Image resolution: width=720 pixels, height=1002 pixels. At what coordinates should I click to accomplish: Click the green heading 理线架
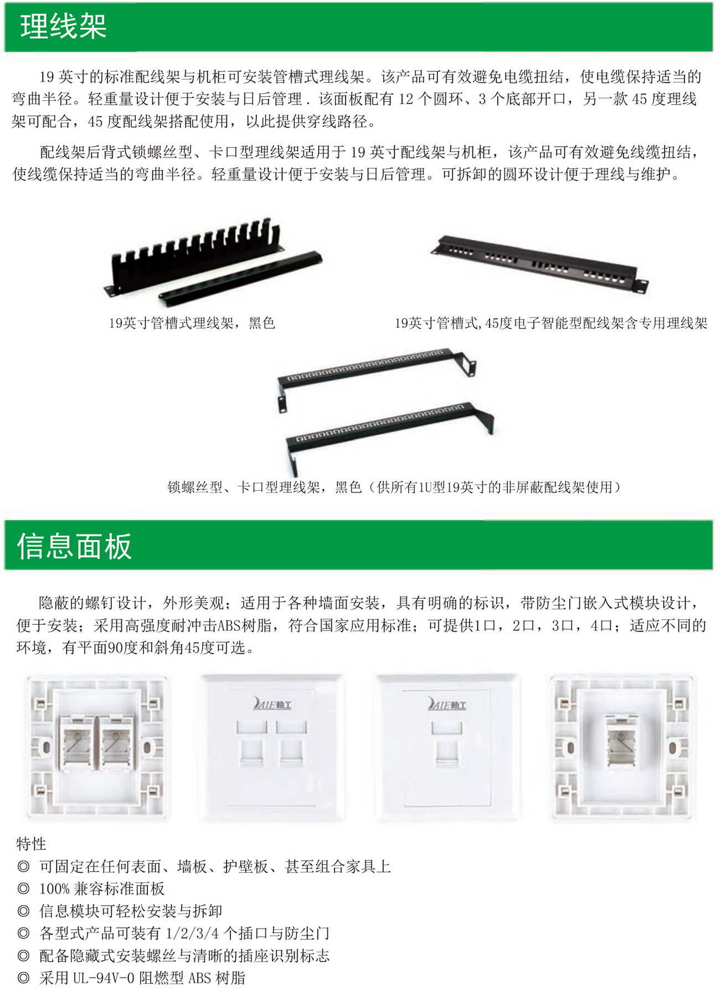pyautogui.click(x=63, y=27)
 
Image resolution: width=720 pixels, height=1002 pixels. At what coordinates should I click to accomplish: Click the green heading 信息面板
pyautogui.click(x=75, y=546)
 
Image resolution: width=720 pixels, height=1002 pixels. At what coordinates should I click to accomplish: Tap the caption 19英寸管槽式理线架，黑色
pyautogui.click(x=192, y=323)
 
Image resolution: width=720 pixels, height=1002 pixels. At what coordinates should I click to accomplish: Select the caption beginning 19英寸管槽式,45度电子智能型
pyautogui.click(x=551, y=323)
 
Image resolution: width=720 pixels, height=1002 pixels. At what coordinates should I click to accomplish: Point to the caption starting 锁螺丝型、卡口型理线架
pyautogui.click(x=394, y=487)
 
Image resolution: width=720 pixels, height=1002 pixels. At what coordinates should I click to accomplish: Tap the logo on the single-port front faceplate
pyautogui.click(x=446, y=703)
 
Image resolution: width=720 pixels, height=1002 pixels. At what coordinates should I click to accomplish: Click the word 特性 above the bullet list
pyautogui.click(x=32, y=844)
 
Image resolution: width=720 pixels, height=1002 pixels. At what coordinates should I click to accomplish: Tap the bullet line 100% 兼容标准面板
pyautogui.click(x=102, y=888)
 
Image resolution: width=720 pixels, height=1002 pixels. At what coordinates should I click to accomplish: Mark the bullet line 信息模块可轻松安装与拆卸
pyautogui.click(x=131, y=911)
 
